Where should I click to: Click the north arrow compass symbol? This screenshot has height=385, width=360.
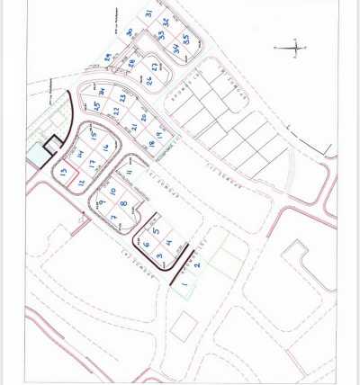[295, 49]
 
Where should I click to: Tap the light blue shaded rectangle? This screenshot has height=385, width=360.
[37, 156]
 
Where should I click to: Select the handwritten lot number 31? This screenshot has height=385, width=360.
[148, 13]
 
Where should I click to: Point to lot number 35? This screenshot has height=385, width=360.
[185, 39]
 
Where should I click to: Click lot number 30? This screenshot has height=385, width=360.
[130, 32]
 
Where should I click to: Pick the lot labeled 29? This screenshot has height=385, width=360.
[107, 57]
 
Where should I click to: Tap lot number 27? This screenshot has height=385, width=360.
[156, 66]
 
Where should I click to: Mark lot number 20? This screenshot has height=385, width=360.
[144, 117]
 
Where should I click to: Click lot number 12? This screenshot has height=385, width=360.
[82, 183]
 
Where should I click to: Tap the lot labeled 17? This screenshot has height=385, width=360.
[91, 164]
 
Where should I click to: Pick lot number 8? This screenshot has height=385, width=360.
[123, 204]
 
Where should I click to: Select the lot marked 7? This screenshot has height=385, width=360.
[113, 217]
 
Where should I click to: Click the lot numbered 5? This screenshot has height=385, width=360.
[156, 231]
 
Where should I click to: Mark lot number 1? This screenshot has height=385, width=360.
[184, 286]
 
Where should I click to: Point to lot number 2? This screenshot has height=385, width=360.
[196, 265]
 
